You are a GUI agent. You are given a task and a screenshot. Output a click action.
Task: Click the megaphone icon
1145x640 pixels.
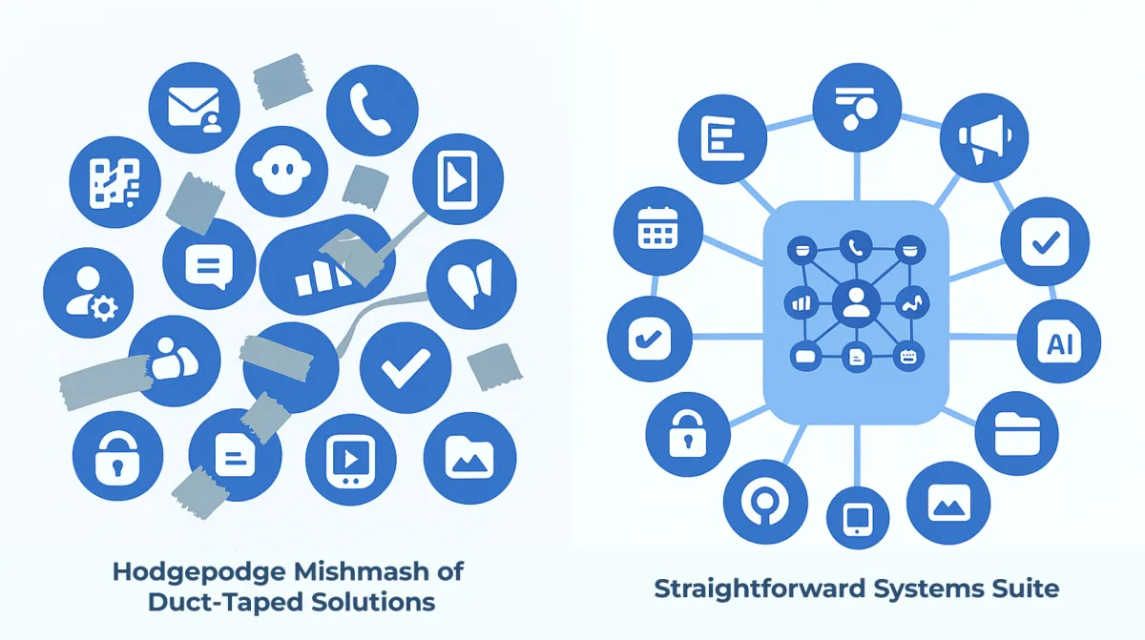[x=983, y=139]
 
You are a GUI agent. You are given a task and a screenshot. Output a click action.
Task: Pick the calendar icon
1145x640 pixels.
[x=656, y=229]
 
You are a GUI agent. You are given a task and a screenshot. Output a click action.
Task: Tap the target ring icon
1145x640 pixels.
[x=760, y=500]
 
